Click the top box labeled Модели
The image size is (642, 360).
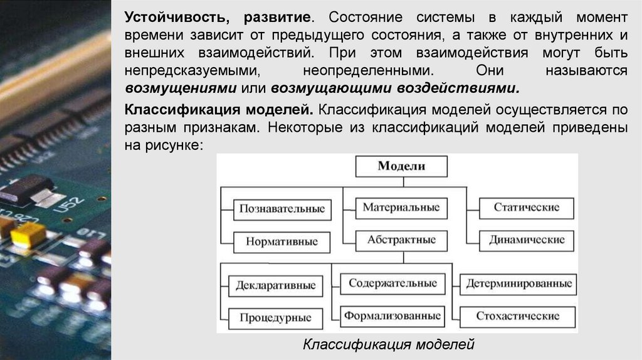[401, 166]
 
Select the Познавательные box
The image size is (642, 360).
[282, 209]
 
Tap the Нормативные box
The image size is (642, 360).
[282, 241]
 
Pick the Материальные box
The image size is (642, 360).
[401, 208]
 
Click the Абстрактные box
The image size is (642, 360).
[401, 240]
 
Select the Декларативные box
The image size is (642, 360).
[275, 286]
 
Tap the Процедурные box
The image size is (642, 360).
[275, 318]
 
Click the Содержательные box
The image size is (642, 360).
[393, 283]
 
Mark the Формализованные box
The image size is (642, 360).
[393, 315]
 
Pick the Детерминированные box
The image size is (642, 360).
[519, 284]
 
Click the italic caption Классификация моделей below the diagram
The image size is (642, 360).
[389, 344]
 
